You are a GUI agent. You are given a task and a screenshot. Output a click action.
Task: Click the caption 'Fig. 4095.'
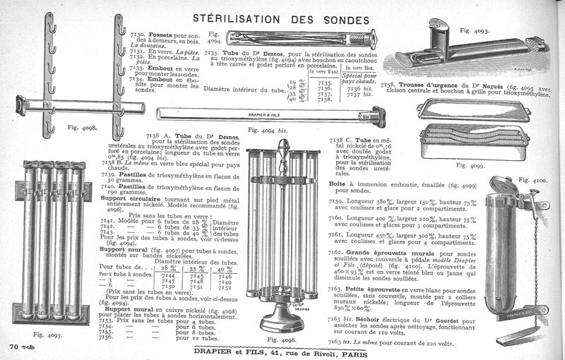[x=474, y=31]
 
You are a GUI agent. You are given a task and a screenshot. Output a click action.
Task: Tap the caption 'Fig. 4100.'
[x=533, y=181]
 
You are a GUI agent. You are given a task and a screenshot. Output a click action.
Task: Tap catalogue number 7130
[x=138, y=34]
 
